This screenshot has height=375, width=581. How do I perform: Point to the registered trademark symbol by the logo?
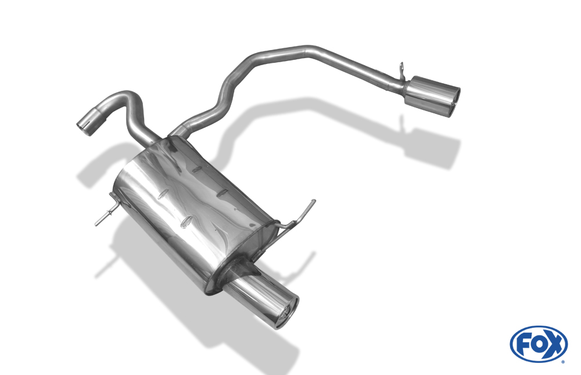coord(564,362)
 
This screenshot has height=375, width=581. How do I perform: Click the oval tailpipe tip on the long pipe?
coord(432,97)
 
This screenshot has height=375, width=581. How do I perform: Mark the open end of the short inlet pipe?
coord(85,128)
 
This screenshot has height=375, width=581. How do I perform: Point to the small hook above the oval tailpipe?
coord(402,71)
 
